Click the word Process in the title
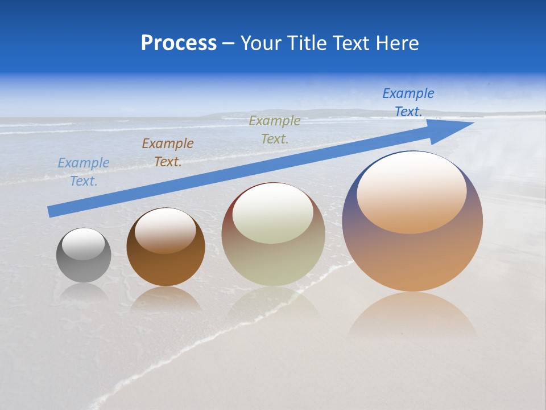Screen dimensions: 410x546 tap(179, 43)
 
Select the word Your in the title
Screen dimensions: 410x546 tap(260, 43)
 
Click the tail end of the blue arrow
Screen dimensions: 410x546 tap(51, 211)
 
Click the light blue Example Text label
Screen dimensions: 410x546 tap(84, 172)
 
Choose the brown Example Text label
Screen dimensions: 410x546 tap(168, 153)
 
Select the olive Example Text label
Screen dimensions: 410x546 tap(275, 129)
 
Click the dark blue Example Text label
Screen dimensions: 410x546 tap(408, 102)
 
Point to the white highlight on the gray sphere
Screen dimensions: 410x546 tap(84, 244)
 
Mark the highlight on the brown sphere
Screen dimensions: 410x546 tap(165, 230)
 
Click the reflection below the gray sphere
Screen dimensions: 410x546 tap(84, 292)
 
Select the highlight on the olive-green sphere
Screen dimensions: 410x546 tap(273, 213)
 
